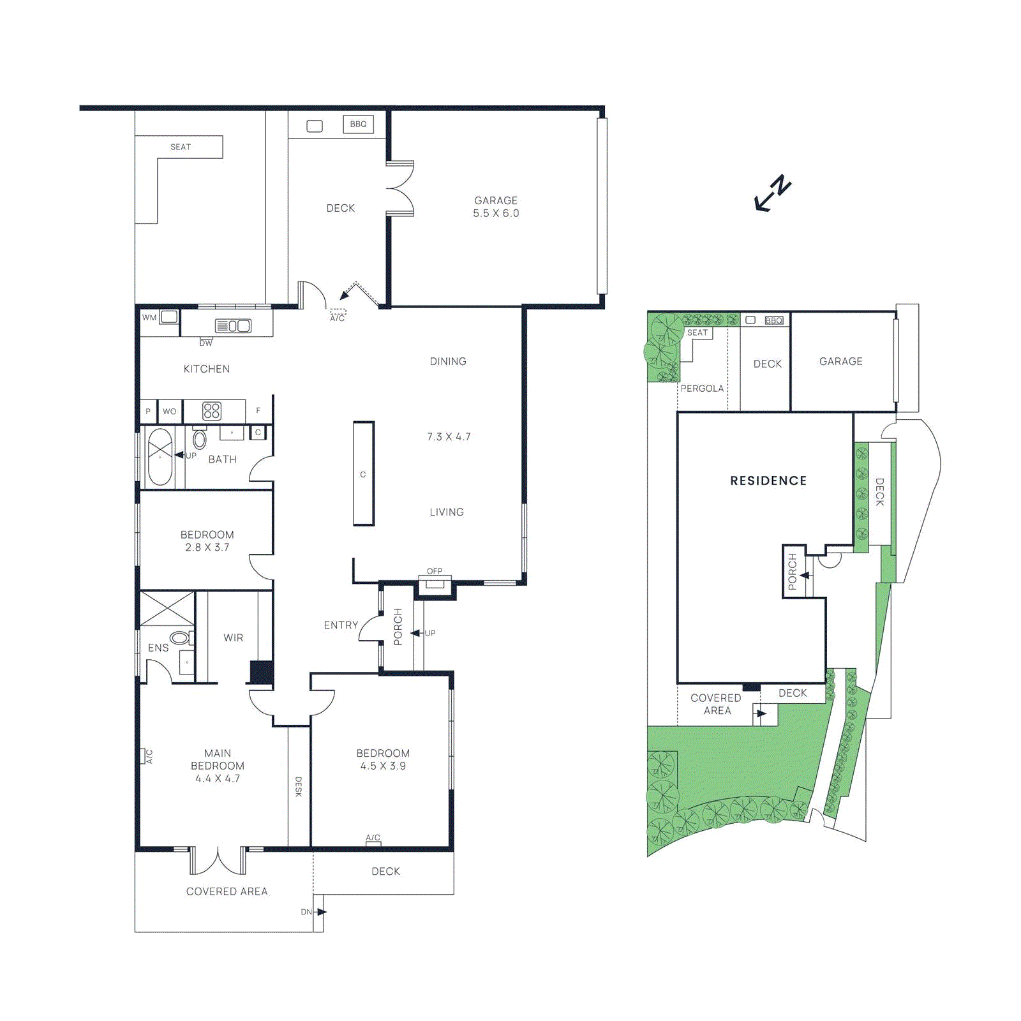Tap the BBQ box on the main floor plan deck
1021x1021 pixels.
pos(358,124)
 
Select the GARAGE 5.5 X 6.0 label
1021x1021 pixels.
pos(496,207)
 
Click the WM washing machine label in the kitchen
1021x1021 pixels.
pos(149,317)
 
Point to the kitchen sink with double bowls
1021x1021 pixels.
pos(233,326)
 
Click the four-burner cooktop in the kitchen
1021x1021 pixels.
pos(212,411)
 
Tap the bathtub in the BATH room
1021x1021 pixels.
pos(160,456)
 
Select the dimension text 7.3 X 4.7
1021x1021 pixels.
pos(449,437)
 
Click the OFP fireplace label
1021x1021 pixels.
pos(435,571)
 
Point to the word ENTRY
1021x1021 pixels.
pos(341,625)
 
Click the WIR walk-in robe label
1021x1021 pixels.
pos(234,637)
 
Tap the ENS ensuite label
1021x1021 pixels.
pos(158,648)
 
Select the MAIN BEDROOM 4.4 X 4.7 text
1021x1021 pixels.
pos(218,766)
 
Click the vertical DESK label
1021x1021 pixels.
pos(298,786)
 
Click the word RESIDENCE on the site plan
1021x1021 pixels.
pos(768,481)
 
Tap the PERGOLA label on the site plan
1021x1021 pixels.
pos(702,388)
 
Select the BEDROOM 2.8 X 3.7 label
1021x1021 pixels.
pos(207,540)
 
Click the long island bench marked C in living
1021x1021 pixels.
pos(364,473)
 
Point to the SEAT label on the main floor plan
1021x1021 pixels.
pos(181,147)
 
